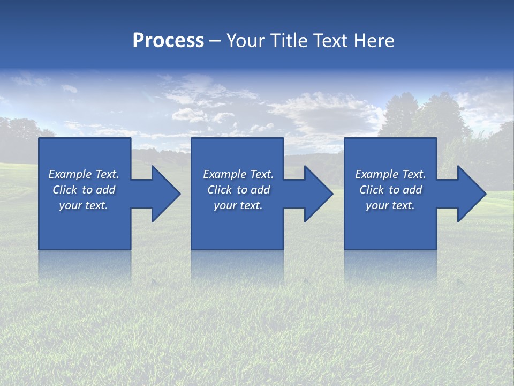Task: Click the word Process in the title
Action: click(168, 41)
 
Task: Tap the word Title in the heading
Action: click(290, 41)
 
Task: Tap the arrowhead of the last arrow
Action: click(473, 194)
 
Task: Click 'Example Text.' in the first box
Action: click(84, 174)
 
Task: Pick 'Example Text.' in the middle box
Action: click(238, 174)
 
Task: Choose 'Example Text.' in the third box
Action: click(390, 174)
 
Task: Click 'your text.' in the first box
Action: click(84, 205)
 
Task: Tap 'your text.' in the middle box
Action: click(238, 205)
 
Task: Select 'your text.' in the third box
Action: click(390, 205)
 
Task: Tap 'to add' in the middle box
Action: click(253, 190)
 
